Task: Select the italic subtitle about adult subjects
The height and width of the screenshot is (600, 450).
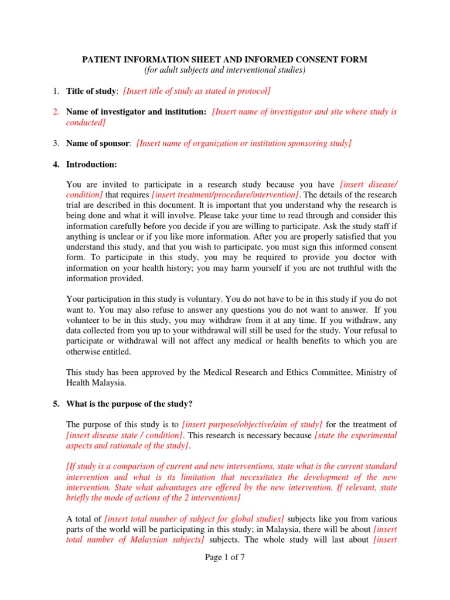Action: click(x=224, y=70)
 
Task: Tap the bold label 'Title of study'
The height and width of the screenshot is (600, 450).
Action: click(x=91, y=91)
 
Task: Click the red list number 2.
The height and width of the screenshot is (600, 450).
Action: click(x=56, y=112)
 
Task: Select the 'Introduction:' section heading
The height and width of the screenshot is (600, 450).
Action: click(x=91, y=164)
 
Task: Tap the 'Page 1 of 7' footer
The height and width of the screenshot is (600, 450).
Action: click(x=224, y=557)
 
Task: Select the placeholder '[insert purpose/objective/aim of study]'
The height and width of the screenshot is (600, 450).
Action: click(x=253, y=424)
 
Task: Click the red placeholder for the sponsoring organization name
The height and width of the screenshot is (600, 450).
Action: click(x=244, y=143)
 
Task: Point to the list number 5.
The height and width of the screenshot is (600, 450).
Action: click(x=56, y=403)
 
